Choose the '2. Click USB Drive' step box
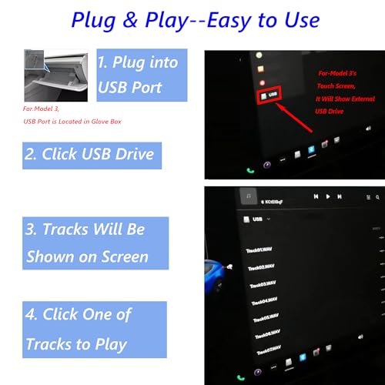click(x=91, y=154)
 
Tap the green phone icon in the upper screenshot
click(x=249, y=171)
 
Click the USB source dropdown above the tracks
click(x=257, y=219)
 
